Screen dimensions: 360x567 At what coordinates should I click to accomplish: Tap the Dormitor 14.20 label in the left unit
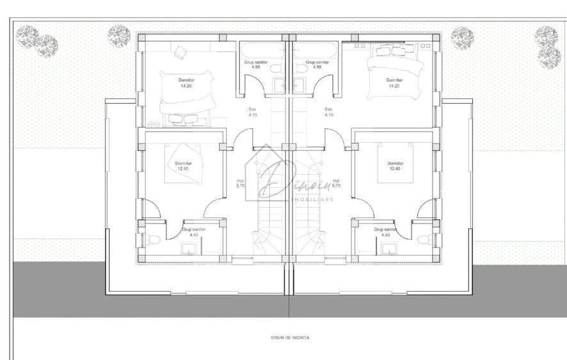click(x=186, y=82)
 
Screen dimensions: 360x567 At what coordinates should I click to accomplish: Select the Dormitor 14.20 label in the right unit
click(x=395, y=82)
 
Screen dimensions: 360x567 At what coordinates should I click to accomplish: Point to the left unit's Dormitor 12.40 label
click(x=182, y=166)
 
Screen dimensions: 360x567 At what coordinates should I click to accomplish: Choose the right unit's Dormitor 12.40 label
click(x=395, y=166)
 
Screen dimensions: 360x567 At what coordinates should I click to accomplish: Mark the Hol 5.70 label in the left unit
click(x=240, y=184)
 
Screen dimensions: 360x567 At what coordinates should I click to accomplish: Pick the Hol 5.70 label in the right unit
click(x=336, y=184)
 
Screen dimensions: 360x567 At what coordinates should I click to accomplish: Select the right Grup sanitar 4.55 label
click(x=317, y=64)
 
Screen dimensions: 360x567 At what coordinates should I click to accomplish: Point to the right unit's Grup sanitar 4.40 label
click(x=386, y=231)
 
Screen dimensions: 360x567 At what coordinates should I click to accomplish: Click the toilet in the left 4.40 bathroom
click(x=149, y=239)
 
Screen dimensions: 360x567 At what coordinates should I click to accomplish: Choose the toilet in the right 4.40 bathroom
click(x=422, y=239)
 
